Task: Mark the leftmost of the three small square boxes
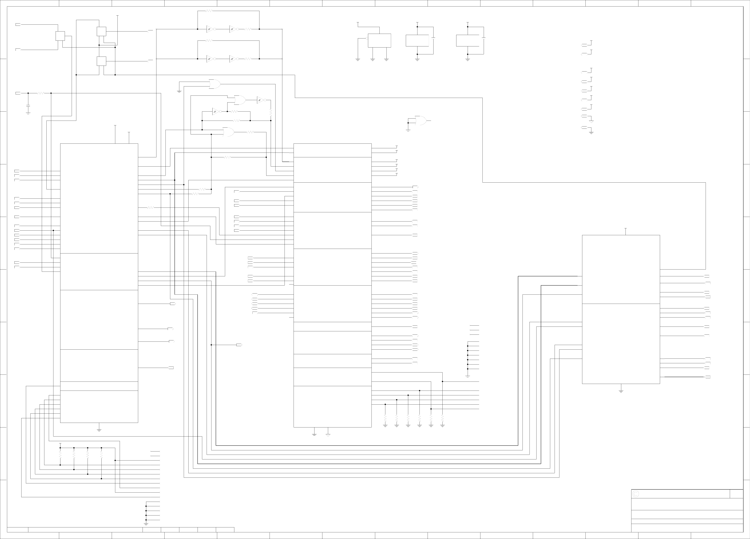60,36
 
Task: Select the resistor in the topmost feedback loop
209,11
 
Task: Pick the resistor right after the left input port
41,93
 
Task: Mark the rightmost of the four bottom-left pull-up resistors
101,455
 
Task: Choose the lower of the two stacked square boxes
101,61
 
